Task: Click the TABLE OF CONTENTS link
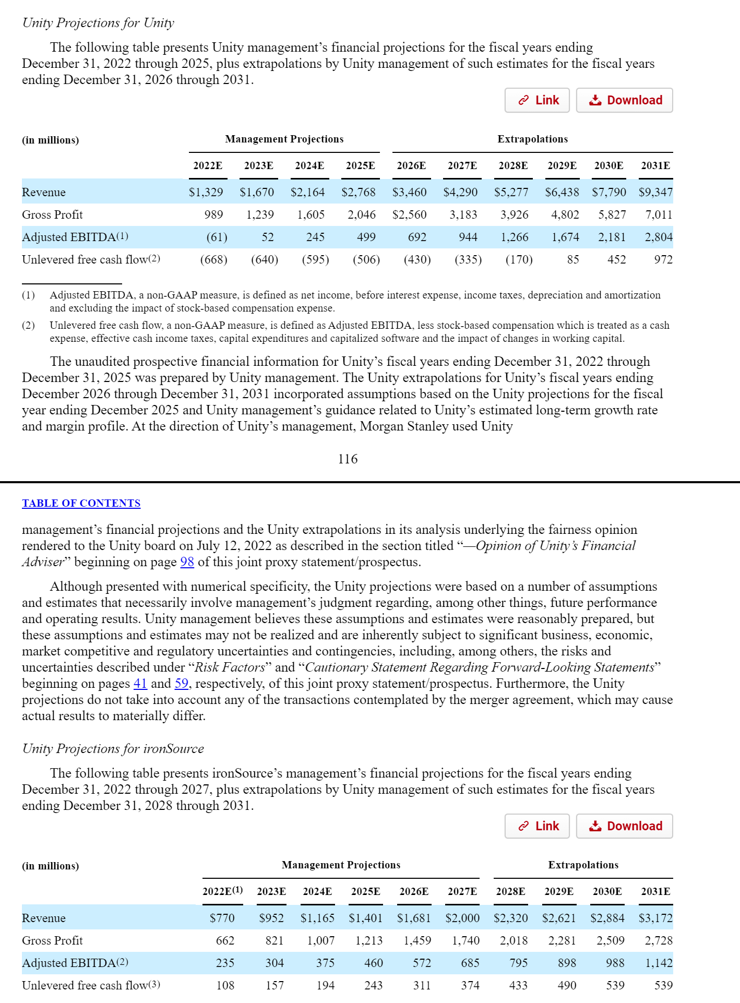[81, 503]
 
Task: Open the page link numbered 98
[187, 562]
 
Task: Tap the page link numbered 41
[140, 684]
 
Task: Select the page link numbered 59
[181, 684]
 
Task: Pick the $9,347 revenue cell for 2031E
[655, 192]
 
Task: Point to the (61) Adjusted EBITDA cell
[217, 237]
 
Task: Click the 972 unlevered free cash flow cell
[663, 260]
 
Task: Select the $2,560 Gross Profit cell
[409, 215]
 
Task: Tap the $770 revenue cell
[222, 918]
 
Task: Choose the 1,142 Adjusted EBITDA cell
[659, 963]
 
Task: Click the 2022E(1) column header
[222, 891]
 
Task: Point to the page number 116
[348, 459]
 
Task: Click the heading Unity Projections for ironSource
[113, 749]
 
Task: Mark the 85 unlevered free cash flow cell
[572, 260]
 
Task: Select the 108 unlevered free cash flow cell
[225, 985]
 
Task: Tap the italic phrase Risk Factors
[230, 667]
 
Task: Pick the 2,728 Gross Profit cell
[659, 940]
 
